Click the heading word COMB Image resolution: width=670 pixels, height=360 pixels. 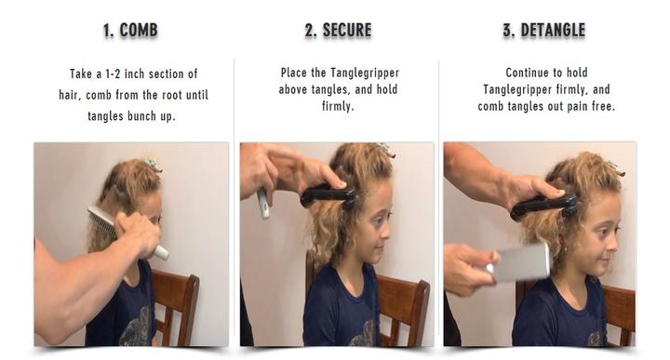[139, 31]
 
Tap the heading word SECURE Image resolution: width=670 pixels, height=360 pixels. [346, 31]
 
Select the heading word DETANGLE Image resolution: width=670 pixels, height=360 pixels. [553, 31]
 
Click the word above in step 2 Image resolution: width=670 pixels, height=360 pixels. [293, 89]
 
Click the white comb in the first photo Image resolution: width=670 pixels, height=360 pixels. [128, 233]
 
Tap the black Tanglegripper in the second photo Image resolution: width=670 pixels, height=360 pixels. [328, 196]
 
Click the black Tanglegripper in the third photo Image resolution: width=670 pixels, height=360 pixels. [544, 207]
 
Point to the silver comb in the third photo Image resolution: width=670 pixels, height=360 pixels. [519, 262]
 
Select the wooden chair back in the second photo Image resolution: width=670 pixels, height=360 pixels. [403, 308]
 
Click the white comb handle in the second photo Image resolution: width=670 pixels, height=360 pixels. [263, 204]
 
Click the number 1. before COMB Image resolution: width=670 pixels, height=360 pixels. [109, 31]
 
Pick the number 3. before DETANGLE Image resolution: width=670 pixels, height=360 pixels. [509, 31]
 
